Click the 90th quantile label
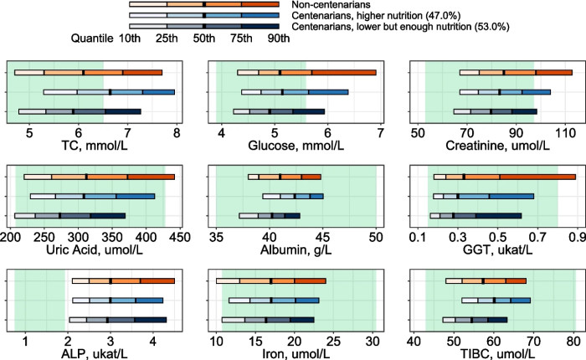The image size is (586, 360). [278, 38]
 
